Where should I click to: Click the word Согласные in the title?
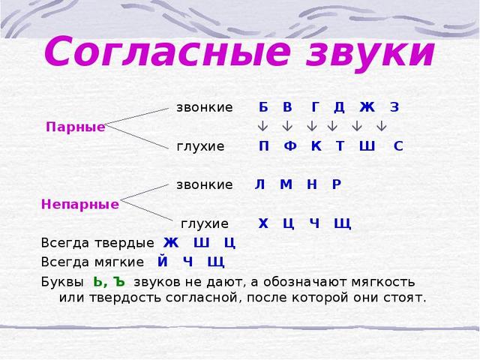[x=167, y=51]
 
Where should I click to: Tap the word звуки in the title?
[x=370, y=54]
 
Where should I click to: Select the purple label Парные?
[x=75, y=127]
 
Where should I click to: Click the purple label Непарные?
[x=80, y=204]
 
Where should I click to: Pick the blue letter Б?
[x=263, y=107]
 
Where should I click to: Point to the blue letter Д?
[x=339, y=107]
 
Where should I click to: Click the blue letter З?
[x=394, y=107]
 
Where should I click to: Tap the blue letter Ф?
[x=290, y=146]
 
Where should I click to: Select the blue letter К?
[x=316, y=146]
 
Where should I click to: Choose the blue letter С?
[x=398, y=146]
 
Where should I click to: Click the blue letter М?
[x=286, y=184]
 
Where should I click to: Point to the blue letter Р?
[x=337, y=184]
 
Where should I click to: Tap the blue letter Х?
[x=263, y=223]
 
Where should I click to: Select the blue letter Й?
[x=163, y=261]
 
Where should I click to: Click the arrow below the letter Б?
[x=262, y=126]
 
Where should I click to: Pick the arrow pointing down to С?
[x=381, y=126]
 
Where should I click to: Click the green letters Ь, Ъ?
[x=109, y=282]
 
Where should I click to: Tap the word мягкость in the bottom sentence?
[x=383, y=282]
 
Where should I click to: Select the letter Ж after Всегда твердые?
[x=171, y=243]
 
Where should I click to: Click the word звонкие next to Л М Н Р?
[x=204, y=184]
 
